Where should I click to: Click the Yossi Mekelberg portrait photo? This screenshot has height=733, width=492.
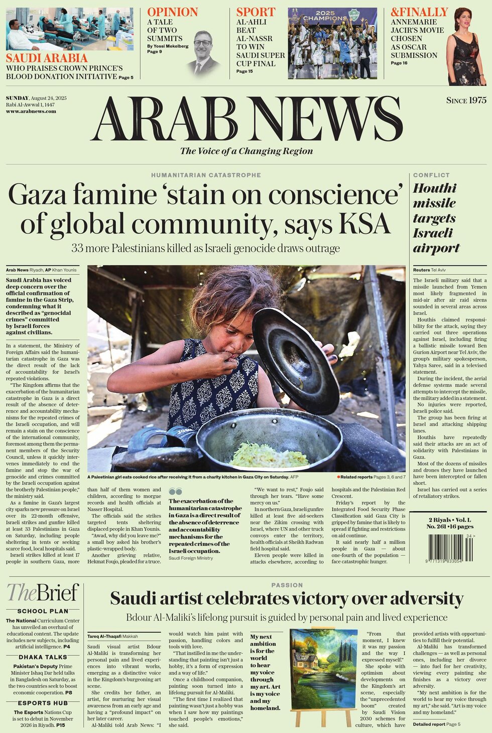pos(204,53)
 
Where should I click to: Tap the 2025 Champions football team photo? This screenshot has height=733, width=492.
pos(332,43)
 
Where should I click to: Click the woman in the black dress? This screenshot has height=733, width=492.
pos(466,48)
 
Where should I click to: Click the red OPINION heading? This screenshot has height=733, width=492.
pos(172,12)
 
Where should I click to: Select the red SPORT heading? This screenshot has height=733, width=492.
pos(256,12)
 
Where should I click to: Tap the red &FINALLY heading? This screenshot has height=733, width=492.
pos(419,12)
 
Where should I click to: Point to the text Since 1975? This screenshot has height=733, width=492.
pos(466,100)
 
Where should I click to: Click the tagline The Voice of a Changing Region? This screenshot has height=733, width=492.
pos(246,151)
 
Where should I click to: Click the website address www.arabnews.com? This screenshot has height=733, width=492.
pos(31,111)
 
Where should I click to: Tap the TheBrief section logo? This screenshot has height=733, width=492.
pos(43,593)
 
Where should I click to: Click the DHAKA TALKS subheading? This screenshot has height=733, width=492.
pos(43,657)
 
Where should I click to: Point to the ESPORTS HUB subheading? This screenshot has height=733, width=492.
pos(43,703)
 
